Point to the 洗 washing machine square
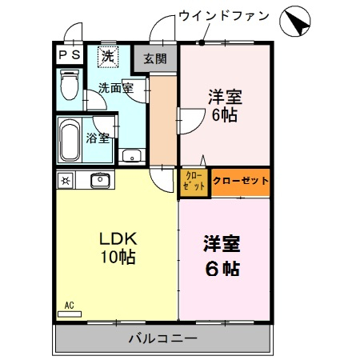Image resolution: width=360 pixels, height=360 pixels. point(106,57)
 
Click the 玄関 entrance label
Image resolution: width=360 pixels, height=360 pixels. point(157,58)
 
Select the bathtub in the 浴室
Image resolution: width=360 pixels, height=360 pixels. point(70,142)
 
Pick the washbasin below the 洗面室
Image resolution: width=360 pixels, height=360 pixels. point(130,155)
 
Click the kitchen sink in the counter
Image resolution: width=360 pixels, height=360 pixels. point(100,180)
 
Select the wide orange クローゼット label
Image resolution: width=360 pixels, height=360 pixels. point(240,181)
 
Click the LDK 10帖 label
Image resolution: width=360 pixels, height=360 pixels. point(117,247)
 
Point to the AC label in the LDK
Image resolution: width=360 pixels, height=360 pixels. point(69,305)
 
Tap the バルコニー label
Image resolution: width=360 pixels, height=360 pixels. point(162,338)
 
